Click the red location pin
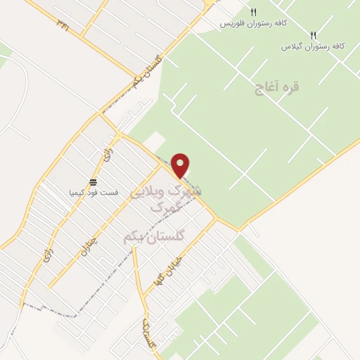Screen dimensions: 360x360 point(181,165)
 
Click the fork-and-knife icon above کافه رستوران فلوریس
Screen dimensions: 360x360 point(253,12)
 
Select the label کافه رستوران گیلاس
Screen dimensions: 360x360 point(313,46)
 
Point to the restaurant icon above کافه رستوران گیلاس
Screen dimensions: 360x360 point(314,34)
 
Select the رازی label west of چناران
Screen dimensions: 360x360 point(33,265)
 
